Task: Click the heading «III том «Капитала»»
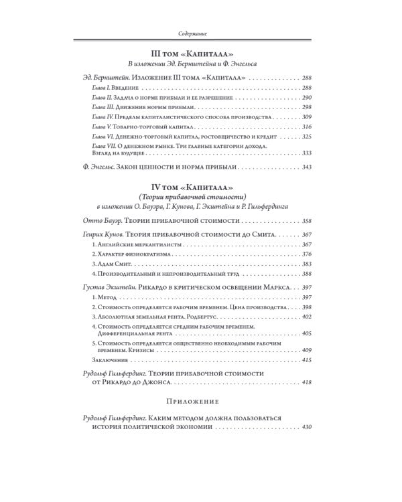pyautogui.click(x=200, y=52)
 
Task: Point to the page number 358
pyautogui.click(x=308, y=221)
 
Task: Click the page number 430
pyautogui.click(x=308, y=427)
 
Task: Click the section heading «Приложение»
pyautogui.click(x=200, y=401)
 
